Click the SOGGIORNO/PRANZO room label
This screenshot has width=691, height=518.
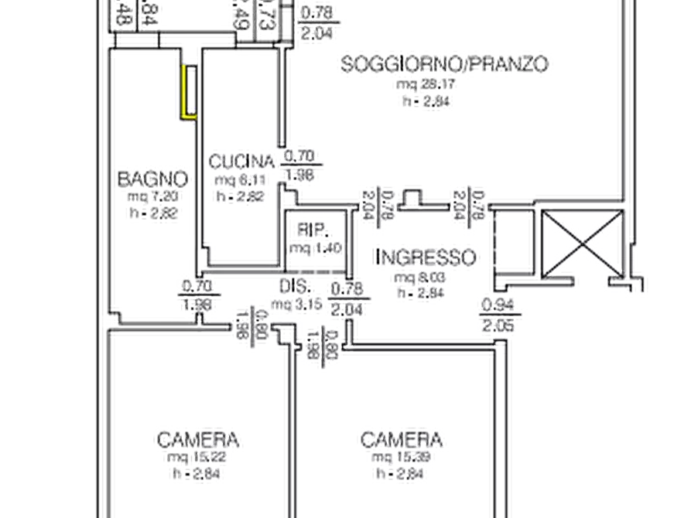[x=444, y=63]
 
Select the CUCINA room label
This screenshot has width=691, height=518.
[x=241, y=161]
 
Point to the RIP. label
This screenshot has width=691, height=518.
[x=313, y=230]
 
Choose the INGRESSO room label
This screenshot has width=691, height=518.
[x=430, y=255]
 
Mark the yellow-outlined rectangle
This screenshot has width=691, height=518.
[x=188, y=93]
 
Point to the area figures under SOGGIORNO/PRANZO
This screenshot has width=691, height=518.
[x=427, y=91]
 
